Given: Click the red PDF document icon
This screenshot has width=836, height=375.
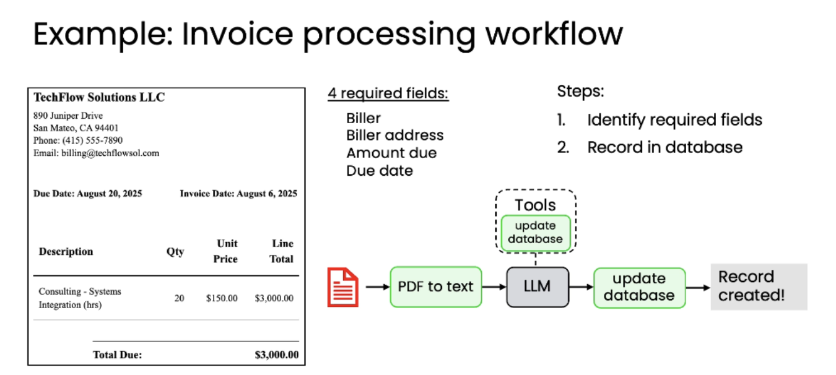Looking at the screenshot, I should (342, 287).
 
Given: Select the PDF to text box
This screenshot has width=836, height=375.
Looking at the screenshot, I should (435, 287).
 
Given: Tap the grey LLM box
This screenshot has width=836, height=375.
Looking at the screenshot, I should (537, 287).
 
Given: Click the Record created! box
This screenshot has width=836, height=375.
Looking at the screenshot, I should (759, 286).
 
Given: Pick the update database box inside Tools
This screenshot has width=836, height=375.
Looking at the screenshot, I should (535, 232).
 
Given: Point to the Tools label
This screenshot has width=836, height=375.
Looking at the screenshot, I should (535, 205).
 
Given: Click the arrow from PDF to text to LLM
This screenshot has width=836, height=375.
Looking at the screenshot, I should (494, 287).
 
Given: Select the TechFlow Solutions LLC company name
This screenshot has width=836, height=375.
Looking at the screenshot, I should (99, 97).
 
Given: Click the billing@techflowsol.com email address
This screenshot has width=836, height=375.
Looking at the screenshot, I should (110, 153).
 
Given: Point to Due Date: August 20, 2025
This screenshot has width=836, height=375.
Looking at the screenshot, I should (87, 194).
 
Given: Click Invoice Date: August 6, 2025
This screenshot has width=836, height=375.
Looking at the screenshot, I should (238, 194).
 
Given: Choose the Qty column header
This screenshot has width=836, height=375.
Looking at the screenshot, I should (175, 251).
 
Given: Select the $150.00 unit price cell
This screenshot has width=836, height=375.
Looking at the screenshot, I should (222, 298).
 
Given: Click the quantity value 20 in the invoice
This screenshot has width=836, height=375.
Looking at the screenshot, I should (179, 298).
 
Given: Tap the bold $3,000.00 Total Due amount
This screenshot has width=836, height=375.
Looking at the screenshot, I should (276, 355).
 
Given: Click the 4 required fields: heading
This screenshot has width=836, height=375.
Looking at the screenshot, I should (388, 94).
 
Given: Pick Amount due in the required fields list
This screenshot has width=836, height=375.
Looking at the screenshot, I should (391, 153).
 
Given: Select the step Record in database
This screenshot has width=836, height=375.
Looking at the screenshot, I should (664, 147).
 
